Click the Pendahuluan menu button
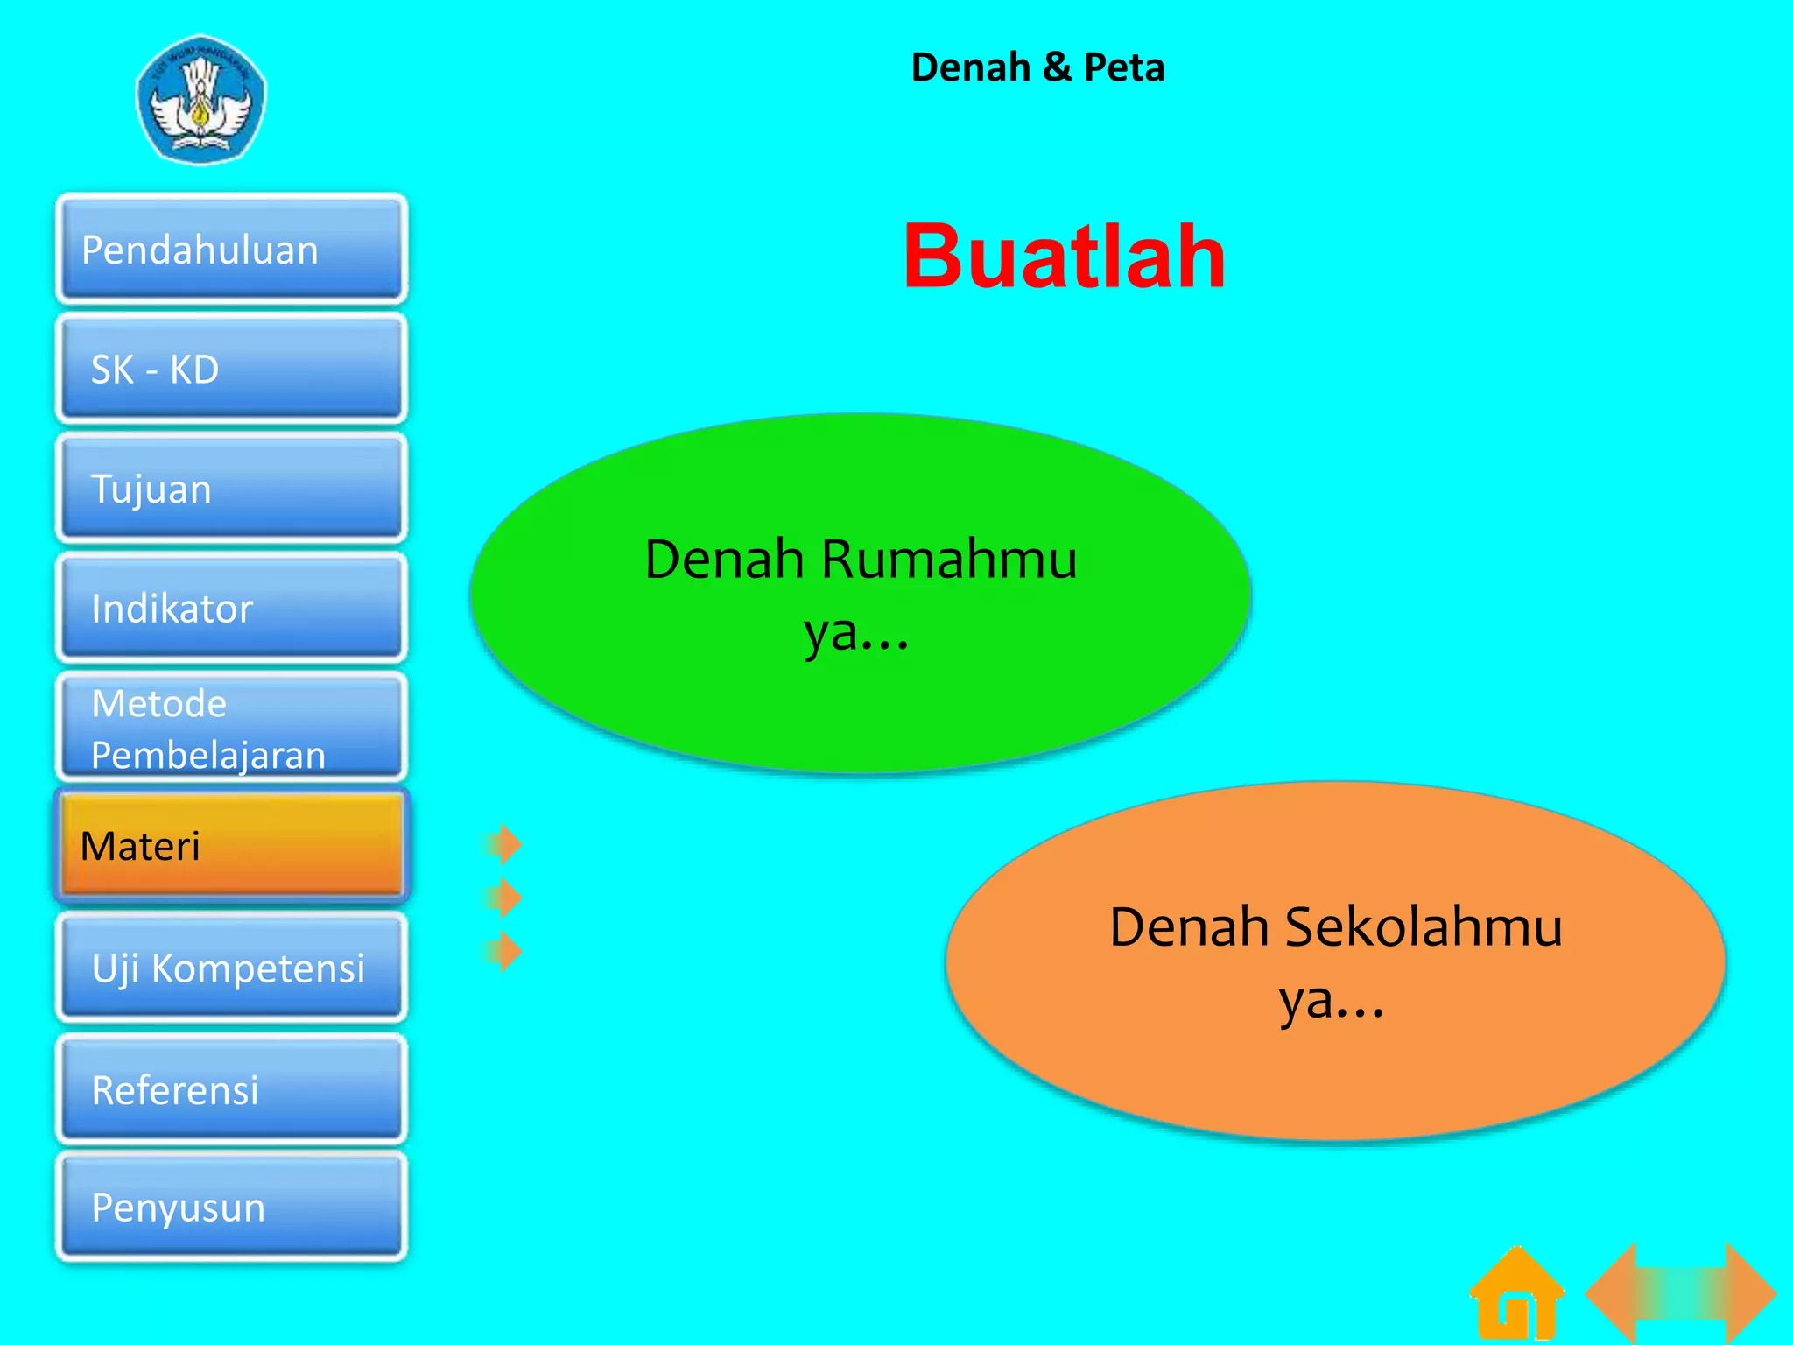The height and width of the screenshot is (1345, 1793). point(231,250)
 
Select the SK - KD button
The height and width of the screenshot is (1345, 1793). point(231,369)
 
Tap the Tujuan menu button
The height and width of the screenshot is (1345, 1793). point(231,489)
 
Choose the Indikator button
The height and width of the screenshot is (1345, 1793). point(231,608)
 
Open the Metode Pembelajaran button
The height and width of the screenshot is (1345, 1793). point(231,728)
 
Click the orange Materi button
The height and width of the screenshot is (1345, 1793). point(231,846)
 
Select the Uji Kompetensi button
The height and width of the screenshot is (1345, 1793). point(231,968)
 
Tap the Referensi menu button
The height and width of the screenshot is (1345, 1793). point(231,1089)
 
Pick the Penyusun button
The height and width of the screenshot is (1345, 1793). point(231,1207)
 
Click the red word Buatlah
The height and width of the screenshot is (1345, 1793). point(1064,257)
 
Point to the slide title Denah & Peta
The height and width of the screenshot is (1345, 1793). point(1037,67)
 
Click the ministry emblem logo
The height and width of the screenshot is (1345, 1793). point(201,99)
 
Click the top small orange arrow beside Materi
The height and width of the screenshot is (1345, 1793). point(504,844)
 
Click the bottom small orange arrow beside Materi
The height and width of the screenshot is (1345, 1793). point(504,951)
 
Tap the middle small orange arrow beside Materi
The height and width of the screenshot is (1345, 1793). point(504,898)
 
